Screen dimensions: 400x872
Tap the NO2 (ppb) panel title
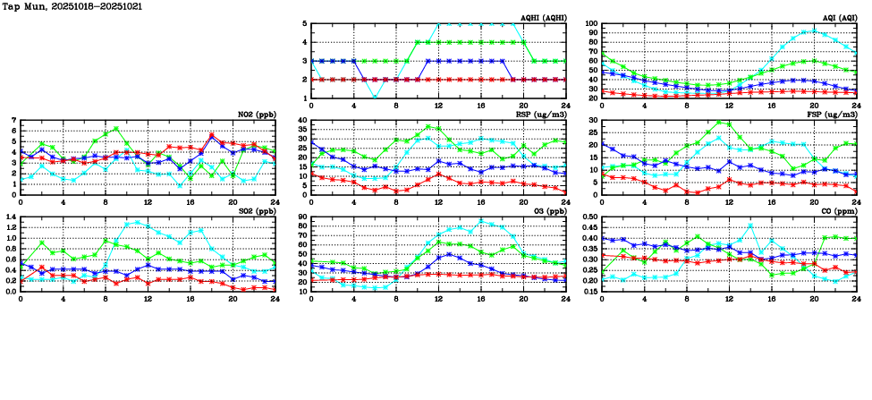click(x=256, y=115)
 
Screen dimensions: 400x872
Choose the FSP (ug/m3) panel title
click(x=834, y=115)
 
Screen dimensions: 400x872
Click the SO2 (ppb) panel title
click(x=256, y=211)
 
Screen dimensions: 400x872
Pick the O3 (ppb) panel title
click(x=548, y=211)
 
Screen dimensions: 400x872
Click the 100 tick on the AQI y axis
click(x=590, y=24)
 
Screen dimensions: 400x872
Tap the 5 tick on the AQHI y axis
click(x=305, y=24)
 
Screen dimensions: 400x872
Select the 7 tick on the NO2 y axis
click(x=13, y=120)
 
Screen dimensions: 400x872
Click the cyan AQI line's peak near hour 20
click(x=813, y=30)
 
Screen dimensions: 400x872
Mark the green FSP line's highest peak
click(x=718, y=123)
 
